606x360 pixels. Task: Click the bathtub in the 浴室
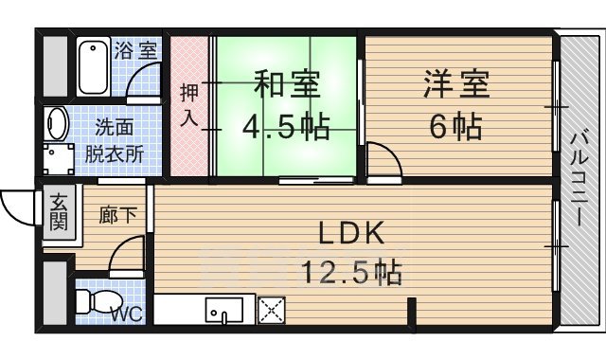(x=93, y=65)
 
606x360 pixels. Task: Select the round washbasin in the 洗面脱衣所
(x=57, y=125)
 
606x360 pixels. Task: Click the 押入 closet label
(x=189, y=105)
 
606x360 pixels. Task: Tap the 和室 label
(x=285, y=84)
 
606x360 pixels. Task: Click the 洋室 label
(x=455, y=84)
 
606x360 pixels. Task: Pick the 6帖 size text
(x=455, y=125)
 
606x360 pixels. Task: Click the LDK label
(x=348, y=233)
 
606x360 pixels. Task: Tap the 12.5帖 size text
(x=350, y=274)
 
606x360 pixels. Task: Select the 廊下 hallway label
(x=117, y=215)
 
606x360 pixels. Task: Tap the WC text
(x=130, y=315)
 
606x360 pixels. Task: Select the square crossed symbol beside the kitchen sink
(x=273, y=310)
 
